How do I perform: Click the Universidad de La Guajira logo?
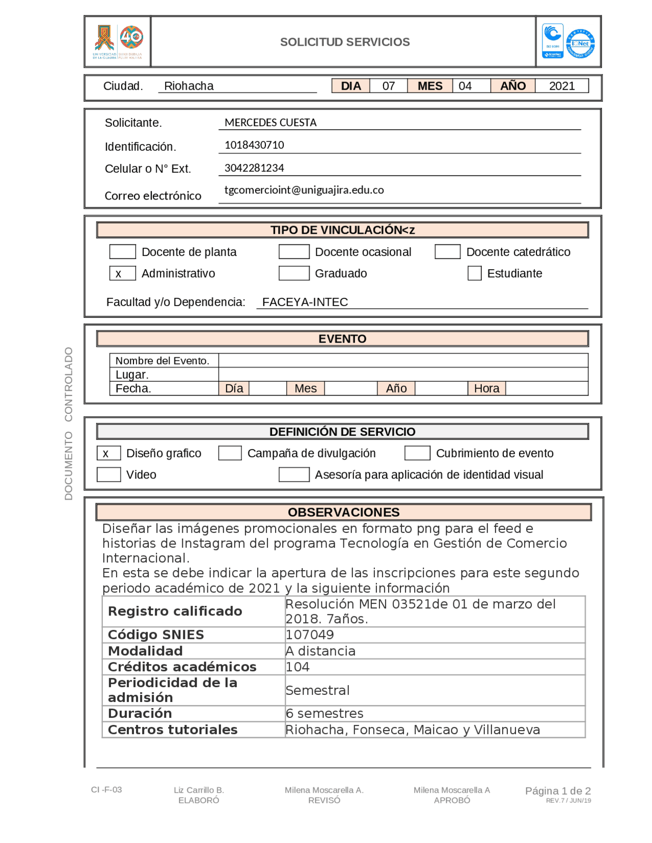[x=118, y=42]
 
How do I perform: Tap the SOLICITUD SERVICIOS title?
[x=345, y=42]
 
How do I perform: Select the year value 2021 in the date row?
[x=561, y=86]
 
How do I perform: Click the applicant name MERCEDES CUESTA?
[x=270, y=123]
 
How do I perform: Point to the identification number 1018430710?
[x=254, y=145]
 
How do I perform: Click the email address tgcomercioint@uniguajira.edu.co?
[x=304, y=190]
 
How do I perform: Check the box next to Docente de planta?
[x=123, y=251]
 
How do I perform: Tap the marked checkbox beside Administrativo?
[x=123, y=273]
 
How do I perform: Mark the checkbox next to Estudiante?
[x=474, y=273]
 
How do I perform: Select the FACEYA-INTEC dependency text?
[x=305, y=302]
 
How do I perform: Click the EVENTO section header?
[x=342, y=339]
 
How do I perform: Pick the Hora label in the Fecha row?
[x=486, y=388]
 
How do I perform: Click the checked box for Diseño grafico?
[x=109, y=453]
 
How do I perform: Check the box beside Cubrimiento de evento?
[x=417, y=453]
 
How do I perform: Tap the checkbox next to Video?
[x=109, y=474]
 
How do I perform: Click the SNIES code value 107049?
[x=310, y=635]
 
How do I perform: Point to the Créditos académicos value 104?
[x=297, y=667]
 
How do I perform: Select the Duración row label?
[x=140, y=713]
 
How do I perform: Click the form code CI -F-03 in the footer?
[x=106, y=790]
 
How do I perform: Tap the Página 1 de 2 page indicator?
[x=558, y=791]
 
